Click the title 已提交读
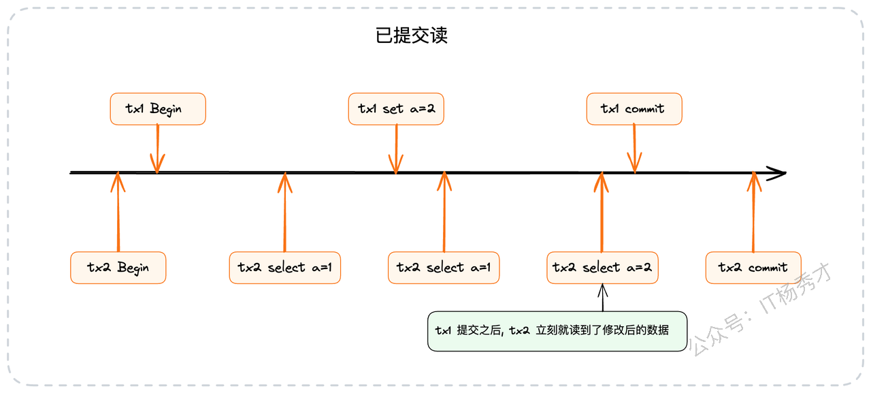click(x=412, y=35)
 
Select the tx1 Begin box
click(x=158, y=109)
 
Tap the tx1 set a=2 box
click(x=396, y=109)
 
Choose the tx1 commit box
click(x=634, y=109)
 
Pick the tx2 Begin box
click(x=118, y=268)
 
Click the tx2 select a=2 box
click(x=602, y=268)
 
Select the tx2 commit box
click(x=753, y=268)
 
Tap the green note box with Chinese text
click(x=557, y=331)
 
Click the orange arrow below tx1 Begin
click(x=157, y=148)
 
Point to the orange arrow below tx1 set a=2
click(x=396, y=148)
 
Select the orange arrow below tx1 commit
click(x=634, y=148)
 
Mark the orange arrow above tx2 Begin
click(x=118, y=212)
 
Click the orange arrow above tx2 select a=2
click(x=602, y=212)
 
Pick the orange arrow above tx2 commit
click(x=753, y=212)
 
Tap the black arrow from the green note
click(x=603, y=298)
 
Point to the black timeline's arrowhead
click(x=785, y=173)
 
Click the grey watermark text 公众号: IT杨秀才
click(x=760, y=309)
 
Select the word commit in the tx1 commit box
click(x=644, y=108)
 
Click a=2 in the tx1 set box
click(x=423, y=108)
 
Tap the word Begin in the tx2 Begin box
click(x=133, y=268)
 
